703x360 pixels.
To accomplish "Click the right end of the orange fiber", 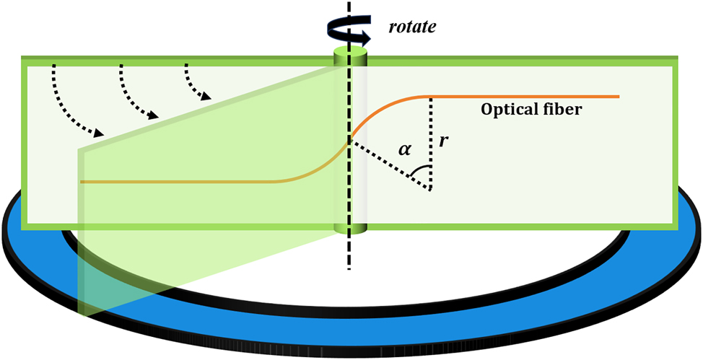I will pyautogui.click(x=619, y=96).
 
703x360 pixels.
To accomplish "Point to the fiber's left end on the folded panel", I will pyautogui.click(x=82, y=182).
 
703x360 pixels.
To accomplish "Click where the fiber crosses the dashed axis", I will pyautogui.click(x=350, y=141).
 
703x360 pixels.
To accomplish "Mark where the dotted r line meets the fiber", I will pyautogui.click(x=431, y=97).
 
